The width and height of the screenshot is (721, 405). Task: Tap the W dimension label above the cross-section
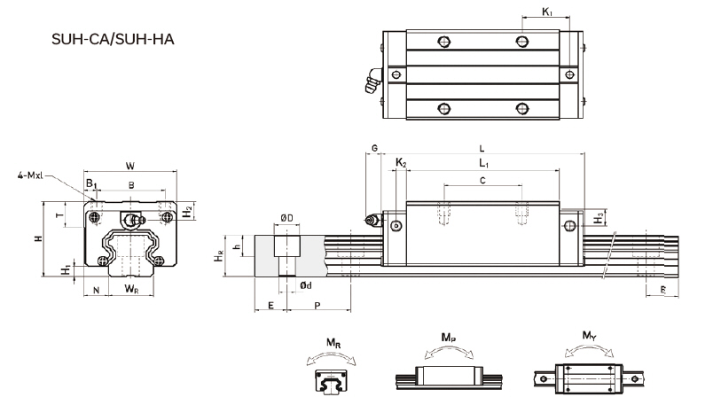click(130, 165)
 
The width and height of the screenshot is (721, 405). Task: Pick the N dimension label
click(96, 290)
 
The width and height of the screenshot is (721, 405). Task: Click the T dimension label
click(59, 215)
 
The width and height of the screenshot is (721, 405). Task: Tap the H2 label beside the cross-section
click(187, 212)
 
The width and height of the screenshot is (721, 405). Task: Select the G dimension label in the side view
click(374, 147)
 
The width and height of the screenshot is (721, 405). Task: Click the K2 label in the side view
click(401, 163)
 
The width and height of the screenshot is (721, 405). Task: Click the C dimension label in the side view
click(482, 180)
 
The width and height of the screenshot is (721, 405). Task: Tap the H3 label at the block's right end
click(600, 217)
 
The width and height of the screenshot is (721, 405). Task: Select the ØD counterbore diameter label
click(286, 217)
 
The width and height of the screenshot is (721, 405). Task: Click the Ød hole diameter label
click(305, 285)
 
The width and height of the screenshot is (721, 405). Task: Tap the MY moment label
click(589, 336)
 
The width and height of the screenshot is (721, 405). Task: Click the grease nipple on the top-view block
click(369, 82)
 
